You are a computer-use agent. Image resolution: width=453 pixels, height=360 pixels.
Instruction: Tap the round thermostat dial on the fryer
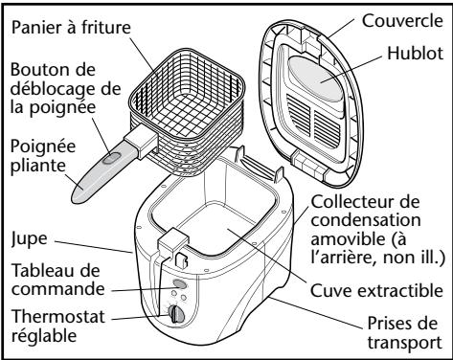[174, 313]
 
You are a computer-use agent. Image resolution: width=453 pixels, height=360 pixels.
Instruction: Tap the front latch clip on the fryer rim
[178, 242]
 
